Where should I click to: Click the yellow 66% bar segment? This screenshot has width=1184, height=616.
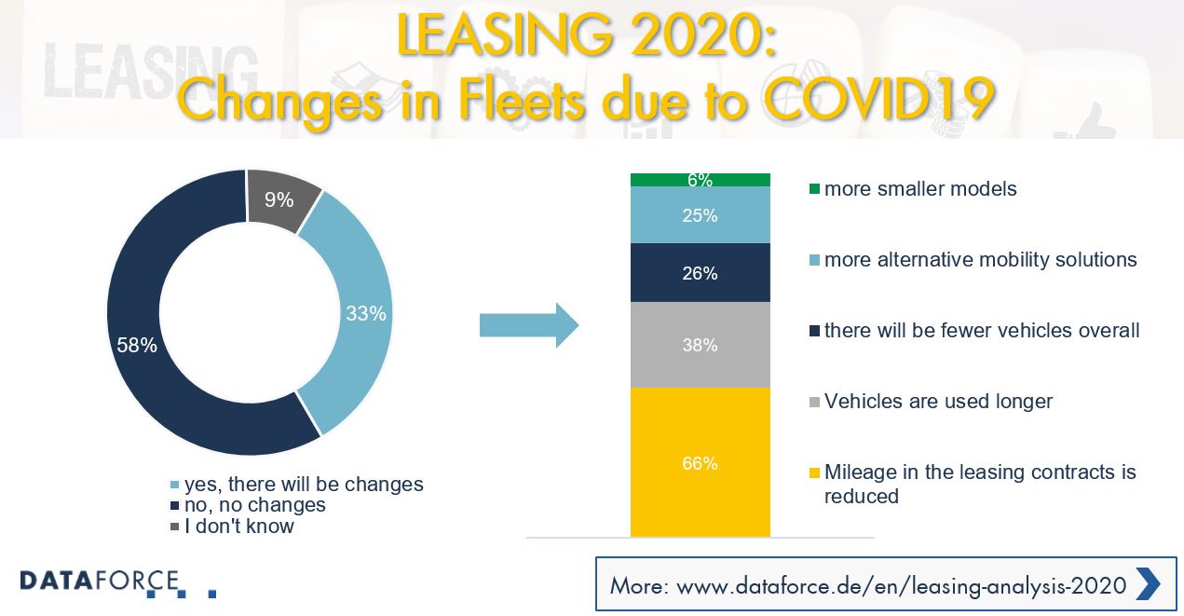click(x=700, y=462)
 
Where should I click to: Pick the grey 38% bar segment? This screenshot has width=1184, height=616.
click(x=700, y=344)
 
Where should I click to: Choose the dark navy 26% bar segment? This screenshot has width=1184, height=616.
click(x=700, y=273)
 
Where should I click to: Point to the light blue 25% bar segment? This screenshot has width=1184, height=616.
click(x=700, y=215)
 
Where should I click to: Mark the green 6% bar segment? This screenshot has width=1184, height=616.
click(x=700, y=180)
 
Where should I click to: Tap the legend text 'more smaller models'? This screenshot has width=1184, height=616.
click(x=919, y=189)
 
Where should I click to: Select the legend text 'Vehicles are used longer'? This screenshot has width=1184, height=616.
click(x=937, y=402)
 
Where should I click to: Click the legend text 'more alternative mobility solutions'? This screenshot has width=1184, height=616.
click(x=980, y=260)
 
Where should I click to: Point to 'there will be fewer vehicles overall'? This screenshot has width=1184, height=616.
click(x=981, y=331)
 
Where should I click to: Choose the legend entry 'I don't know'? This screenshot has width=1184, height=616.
click(x=239, y=527)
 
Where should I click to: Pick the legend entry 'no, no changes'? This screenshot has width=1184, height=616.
click(x=254, y=505)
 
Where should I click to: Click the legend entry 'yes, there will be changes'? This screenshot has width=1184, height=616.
click(x=303, y=485)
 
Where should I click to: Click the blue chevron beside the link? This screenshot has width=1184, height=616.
click(x=1147, y=584)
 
